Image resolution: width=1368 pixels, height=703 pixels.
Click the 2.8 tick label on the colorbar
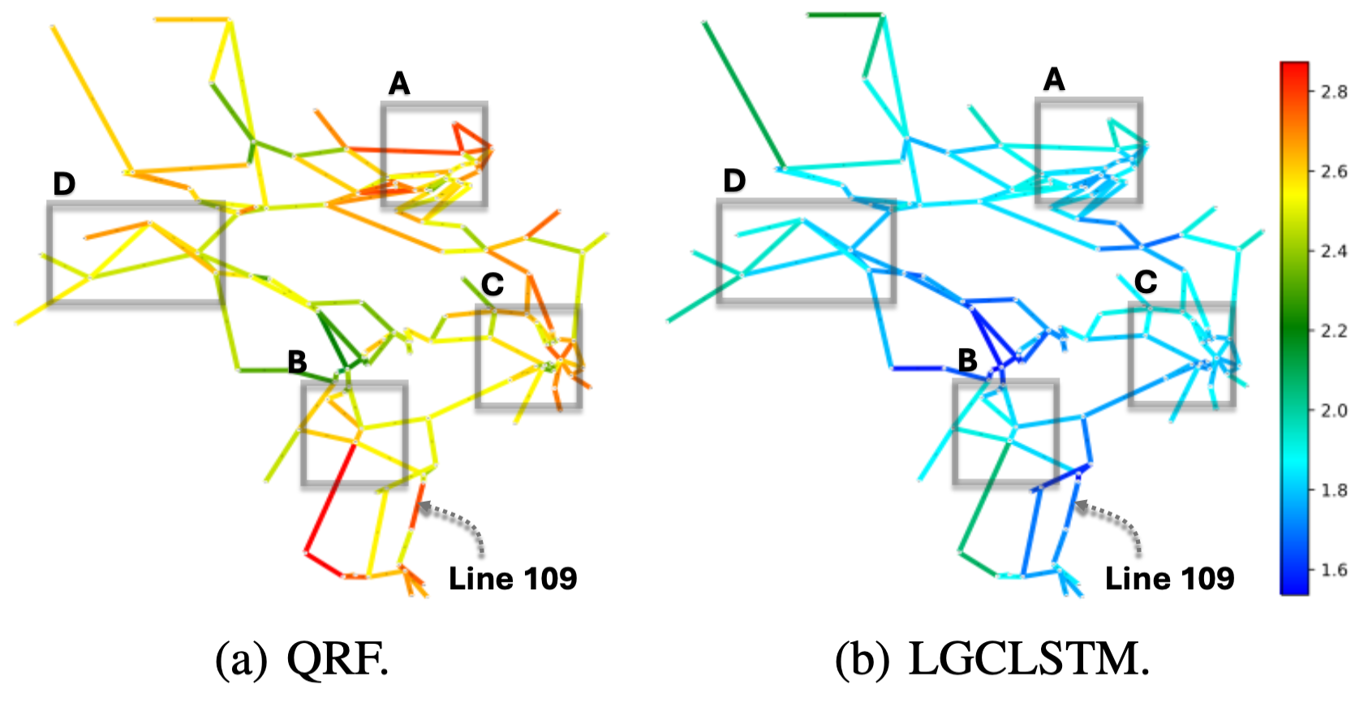[1333, 92]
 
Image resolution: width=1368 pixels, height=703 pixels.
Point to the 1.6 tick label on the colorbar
[1333, 570]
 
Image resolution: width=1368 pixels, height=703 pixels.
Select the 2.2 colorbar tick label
[1333, 330]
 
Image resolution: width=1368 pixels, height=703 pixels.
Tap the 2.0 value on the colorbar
[1333, 410]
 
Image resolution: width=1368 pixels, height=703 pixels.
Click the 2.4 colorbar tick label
[1333, 251]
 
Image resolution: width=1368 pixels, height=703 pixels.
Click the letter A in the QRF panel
[399, 83]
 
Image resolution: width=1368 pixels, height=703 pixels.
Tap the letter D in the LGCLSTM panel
[734, 180]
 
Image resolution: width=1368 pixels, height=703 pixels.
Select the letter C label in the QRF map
[493, 284]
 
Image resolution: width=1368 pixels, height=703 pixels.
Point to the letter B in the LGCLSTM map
[967, 360]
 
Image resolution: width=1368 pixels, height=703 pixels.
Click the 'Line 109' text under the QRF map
[513, 579]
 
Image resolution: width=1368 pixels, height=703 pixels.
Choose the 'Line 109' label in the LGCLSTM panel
[1169, 579]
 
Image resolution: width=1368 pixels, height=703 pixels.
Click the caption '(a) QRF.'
[302, 660]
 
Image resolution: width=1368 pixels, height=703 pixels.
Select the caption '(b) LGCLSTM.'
[992, 660]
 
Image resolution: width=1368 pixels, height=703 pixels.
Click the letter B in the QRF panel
[297, 362]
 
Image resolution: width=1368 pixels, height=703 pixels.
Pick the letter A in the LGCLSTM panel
[1053, 80]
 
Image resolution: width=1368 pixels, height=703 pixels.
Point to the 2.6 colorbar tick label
[1333, 171]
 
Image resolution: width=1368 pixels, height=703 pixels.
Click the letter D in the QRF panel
[64, 184]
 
